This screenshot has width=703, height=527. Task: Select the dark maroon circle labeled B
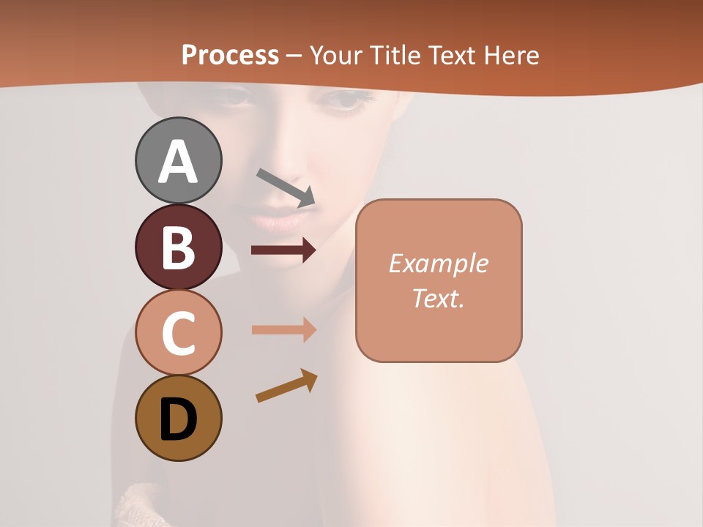click(178, 247)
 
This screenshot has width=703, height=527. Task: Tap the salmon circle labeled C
click(178, 333)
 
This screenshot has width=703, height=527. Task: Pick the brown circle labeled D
click(178, 418)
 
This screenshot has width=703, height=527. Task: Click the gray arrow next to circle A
click(286, 187)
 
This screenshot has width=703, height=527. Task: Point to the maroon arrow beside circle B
click(283, 250)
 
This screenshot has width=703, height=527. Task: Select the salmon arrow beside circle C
click(283, 329)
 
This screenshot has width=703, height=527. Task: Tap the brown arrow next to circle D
click(286, 386)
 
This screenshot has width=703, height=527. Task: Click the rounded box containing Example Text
click(439, 280)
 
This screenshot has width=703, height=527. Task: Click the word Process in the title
click(230, 55)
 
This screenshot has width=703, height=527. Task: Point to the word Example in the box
click(438, 263)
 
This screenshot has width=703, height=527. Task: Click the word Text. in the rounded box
click(438, 298)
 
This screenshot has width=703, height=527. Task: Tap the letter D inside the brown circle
click(178, 419)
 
